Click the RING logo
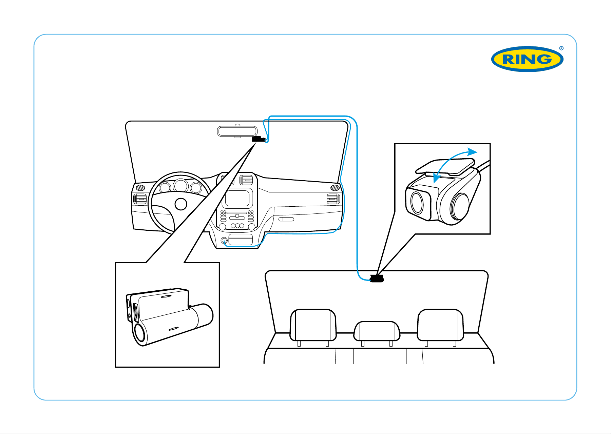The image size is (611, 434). pyautogui.click(x=527, y=59)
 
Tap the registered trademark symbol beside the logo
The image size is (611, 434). pyautogui.click(x=561, y=48)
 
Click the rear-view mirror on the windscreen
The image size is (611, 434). pyautogui.click(x=237, y=131)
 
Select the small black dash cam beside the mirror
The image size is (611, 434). pyautogui.click(x=259, y=139)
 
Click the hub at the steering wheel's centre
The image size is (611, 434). pyautogui.click(x=181, y=204)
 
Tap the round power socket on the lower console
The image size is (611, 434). pyautogui.click(x=224, y=241)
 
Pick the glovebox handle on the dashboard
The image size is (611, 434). pyautogui.click(x=286, y=220)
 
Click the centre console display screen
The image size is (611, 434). pyautogui.click(x=237, y=198)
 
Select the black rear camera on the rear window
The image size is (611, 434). pyautogui.click(x=376, y=279)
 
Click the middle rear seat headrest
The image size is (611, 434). pyautogui.click(x=377, y=331)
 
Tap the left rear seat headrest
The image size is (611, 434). pyautogui.click(x=313, y=325)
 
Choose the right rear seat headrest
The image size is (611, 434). pyautogui.click(x=440, y=325)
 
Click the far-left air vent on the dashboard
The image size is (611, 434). pyautogui.click(x=140, y=199)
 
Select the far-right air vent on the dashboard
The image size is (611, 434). pyautogui.click(x=333, y=199)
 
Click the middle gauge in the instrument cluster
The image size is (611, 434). pyautogui.click(x=180, y=186)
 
